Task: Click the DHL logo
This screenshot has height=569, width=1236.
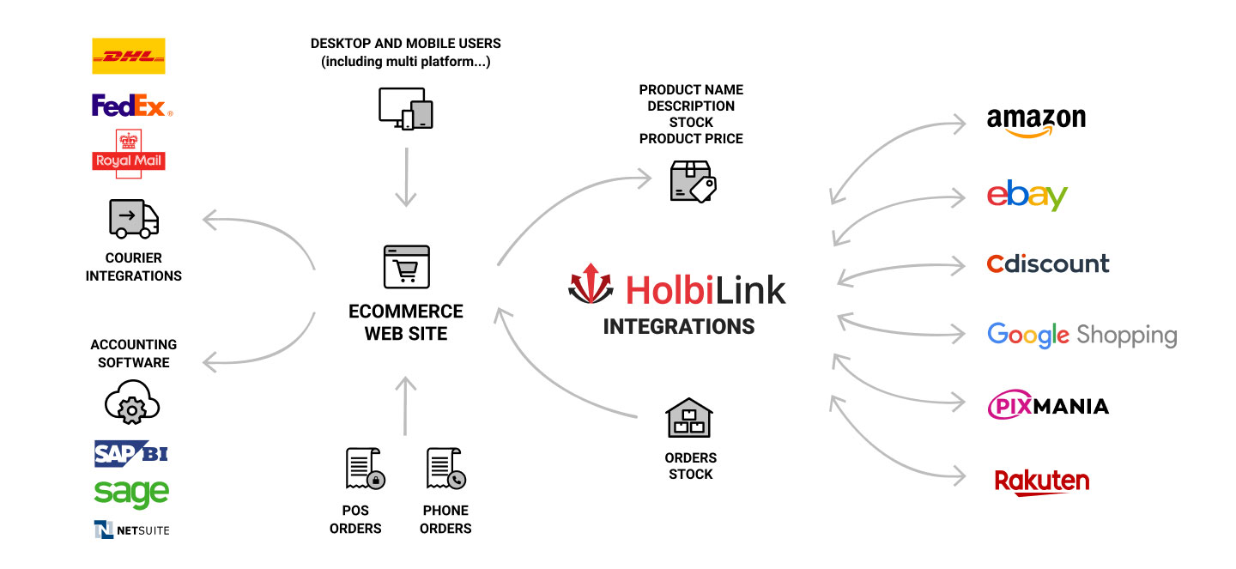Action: coord(128,57)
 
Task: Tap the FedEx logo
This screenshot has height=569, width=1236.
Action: coord(131,106)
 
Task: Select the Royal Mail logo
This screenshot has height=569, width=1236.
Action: coord(128,154)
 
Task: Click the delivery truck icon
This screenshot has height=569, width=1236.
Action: coord(134,218)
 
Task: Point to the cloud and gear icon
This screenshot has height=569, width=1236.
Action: coord(132,403)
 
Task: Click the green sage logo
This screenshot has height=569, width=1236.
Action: coord(131,493)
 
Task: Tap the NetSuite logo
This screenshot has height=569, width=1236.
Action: coord(131,530)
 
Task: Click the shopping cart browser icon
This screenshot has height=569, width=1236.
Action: coord(406,266)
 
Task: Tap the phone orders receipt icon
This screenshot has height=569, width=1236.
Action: coord(445,469)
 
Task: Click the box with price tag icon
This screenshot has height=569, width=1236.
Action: coord(692,181)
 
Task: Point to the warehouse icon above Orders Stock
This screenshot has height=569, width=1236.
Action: coord(689,418)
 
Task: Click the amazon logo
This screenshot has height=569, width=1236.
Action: coord(1036,122)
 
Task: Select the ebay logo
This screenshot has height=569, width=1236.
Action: coord(1027,197)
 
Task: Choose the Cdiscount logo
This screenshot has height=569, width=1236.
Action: coord(1047,263)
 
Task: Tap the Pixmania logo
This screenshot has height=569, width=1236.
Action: coord(1047,406)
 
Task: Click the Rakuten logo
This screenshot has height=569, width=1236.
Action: coord(1041,481)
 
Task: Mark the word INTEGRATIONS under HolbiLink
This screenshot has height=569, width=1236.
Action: coord(678,327)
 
